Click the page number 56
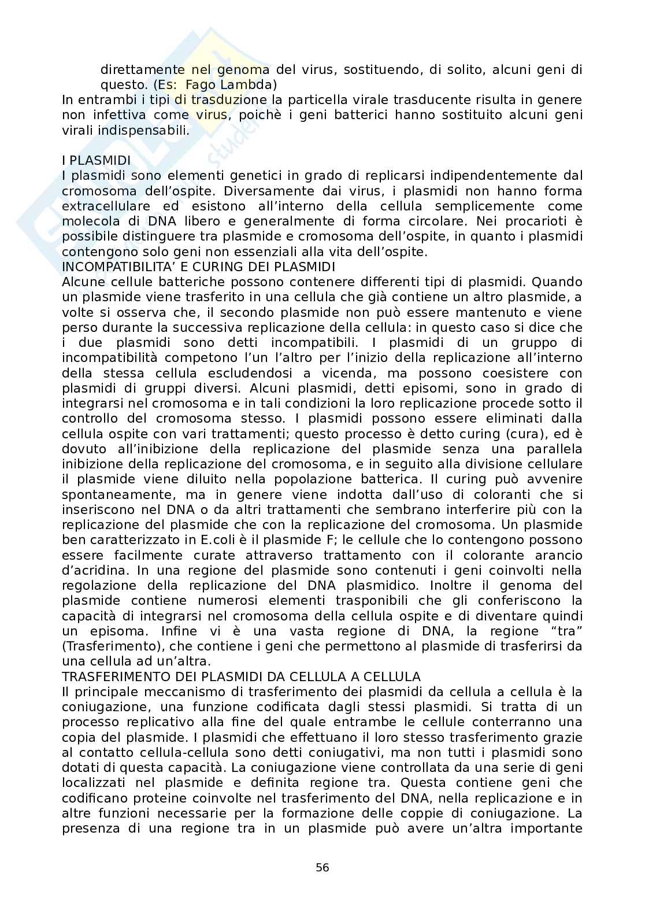(322, 867)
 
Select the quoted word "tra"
(565, 631)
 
